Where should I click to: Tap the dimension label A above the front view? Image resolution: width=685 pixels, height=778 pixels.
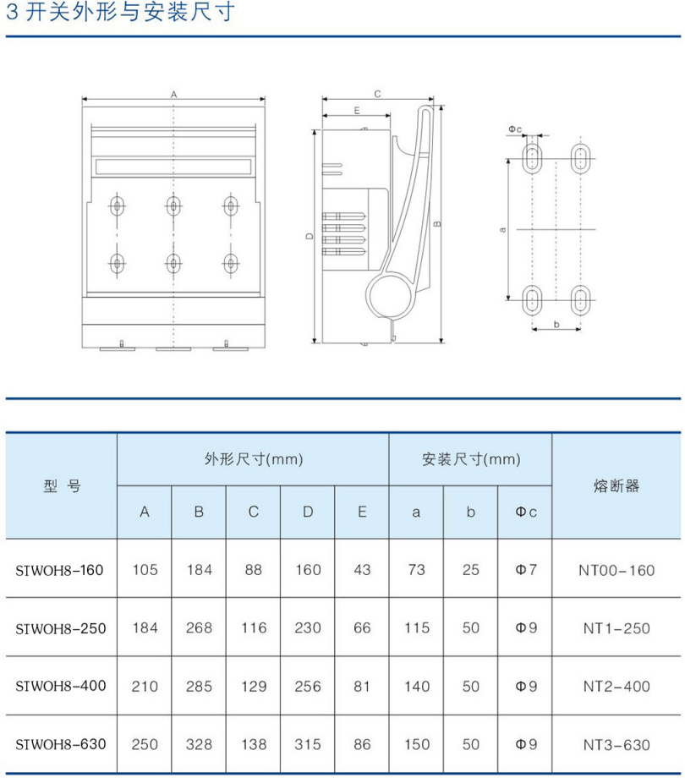tap(173, 95)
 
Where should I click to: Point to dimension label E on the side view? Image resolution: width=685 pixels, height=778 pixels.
tap(357, 111)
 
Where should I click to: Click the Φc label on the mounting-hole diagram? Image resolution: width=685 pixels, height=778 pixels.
tap(515, 129)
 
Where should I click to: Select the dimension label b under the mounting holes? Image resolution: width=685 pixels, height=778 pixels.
tap(556, 325)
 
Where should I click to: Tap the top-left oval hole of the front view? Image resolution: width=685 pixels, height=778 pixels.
tap(117, 205)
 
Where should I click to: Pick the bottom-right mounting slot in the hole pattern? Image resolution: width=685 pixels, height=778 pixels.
tap(581, 299)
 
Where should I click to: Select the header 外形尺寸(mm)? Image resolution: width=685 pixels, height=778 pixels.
tap(253, 460)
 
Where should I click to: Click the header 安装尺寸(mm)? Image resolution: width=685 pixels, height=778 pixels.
tap(471, 460)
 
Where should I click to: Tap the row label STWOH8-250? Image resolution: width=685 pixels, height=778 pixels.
tap(61, 627)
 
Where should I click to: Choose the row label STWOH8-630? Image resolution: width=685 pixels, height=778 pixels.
tap(61, 744)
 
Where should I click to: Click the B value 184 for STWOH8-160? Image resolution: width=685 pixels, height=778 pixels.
tap(199, 570)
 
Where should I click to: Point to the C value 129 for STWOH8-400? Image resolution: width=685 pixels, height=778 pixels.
tap(253, 686)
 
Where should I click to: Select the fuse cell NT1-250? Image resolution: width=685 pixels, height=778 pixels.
tap(616, 628)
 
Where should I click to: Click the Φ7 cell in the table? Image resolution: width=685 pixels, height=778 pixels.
tap(525, 570)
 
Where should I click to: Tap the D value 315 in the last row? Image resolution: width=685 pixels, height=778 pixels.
tap(308, 744)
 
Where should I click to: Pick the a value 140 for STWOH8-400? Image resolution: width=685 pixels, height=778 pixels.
tap(416, 686)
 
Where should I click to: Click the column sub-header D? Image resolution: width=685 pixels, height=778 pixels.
tap(308, 512)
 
